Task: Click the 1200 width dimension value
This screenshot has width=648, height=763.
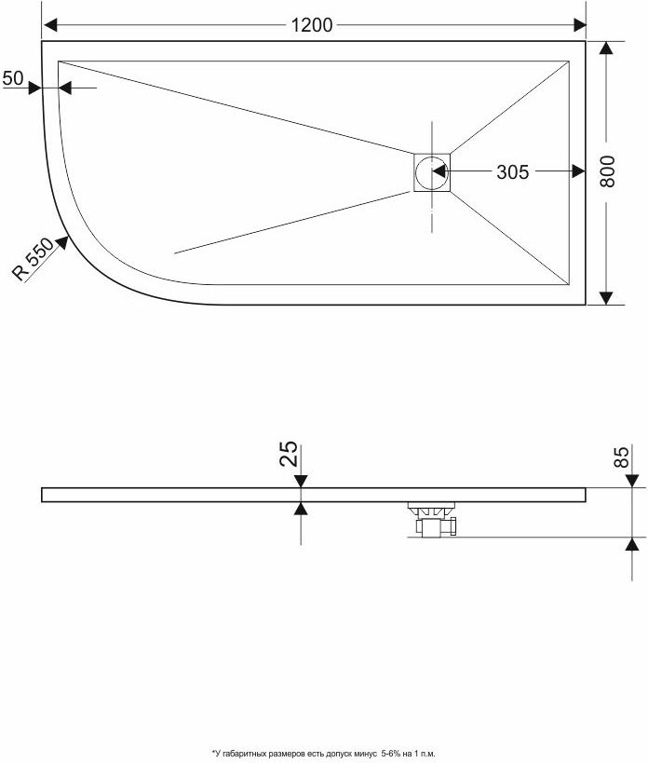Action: [x=312, y=25]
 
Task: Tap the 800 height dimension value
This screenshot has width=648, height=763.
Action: [x=607, y=171]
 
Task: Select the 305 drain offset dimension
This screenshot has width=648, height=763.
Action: [x=512, y=171]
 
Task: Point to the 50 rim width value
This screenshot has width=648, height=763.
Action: [x=13, y=78]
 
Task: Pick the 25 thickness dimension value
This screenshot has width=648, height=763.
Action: [x=289, y=454]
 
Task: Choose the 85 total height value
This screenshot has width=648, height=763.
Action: [x=621, y=456]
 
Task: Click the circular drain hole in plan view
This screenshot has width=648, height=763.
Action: [x=431, y=172]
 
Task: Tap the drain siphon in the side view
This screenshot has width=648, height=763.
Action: [x=432, y=520]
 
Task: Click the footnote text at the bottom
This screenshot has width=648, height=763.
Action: [x=323, y=754]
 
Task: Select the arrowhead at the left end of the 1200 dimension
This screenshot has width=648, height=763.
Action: [x=50, y=25]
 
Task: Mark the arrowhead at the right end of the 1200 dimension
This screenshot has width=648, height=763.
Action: [x=579, y=25]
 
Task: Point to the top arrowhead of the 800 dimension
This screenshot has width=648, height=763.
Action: [x=606, y=48]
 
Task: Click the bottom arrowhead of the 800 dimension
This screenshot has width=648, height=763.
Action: [x=606, y=298]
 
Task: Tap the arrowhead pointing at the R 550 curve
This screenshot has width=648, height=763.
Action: [x=61, y=242]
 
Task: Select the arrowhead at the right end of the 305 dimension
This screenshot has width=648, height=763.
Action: [x=578, y=171]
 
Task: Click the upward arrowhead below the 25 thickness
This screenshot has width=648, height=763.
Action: [x=301, y=509]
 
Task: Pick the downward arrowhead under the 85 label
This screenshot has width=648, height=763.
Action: [x=632, y=481]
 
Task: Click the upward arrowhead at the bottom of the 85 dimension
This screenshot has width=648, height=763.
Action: [x=632, y=544]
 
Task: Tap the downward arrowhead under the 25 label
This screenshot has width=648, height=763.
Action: [x=301, y=481]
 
